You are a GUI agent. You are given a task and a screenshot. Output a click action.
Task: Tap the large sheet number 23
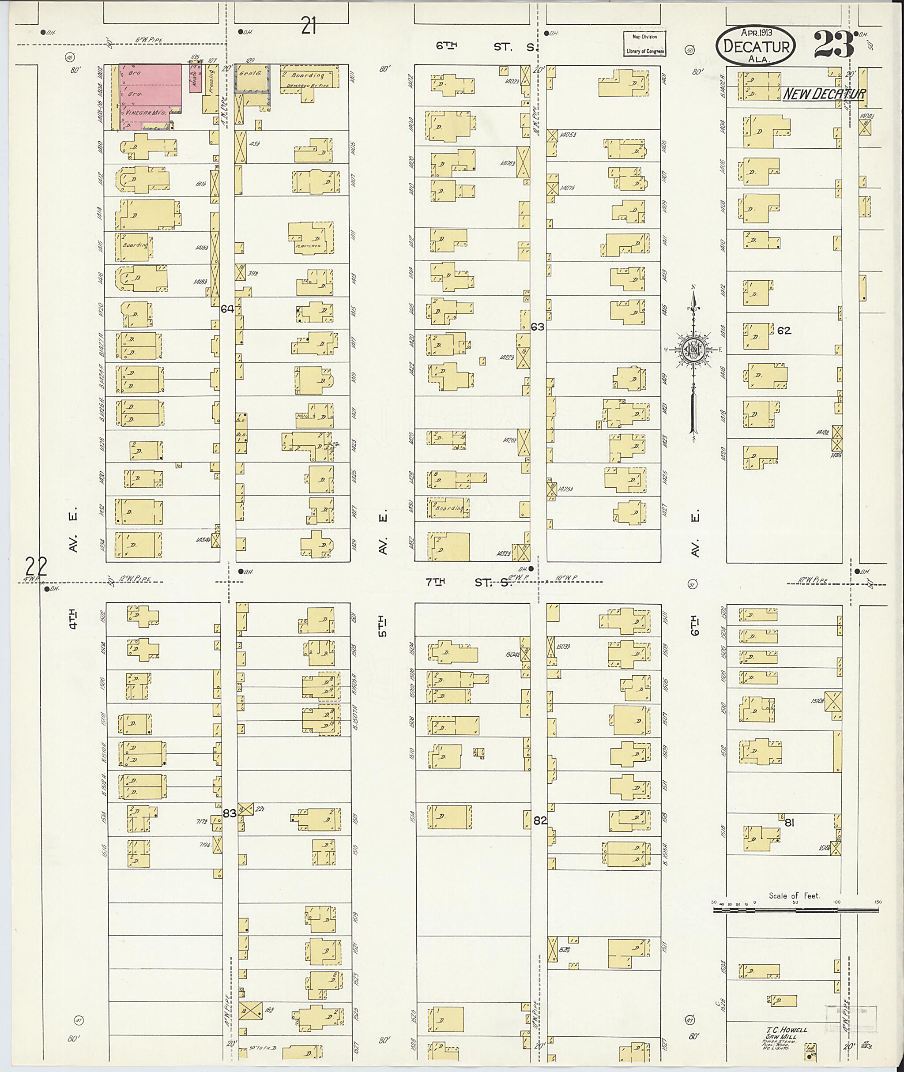[x=833, y=45]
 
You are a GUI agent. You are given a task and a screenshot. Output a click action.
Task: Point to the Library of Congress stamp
[x=645, y=44]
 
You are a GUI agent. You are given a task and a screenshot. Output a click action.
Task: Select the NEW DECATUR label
[x=824, y=94]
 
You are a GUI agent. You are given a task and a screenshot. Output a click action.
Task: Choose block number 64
[x=227, y=309]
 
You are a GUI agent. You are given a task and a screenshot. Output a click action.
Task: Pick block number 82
[x=540, y=820]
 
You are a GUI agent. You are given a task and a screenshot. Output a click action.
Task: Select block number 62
[x=783, y=331]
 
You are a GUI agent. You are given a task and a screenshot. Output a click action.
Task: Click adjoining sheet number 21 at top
[x=308, y=26]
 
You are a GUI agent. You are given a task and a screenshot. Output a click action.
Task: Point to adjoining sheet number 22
[x=36, y=567]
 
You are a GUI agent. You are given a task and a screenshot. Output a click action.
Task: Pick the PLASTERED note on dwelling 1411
[x=309, y=246]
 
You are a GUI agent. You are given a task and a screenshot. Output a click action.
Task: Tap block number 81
[x=789, y=823]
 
